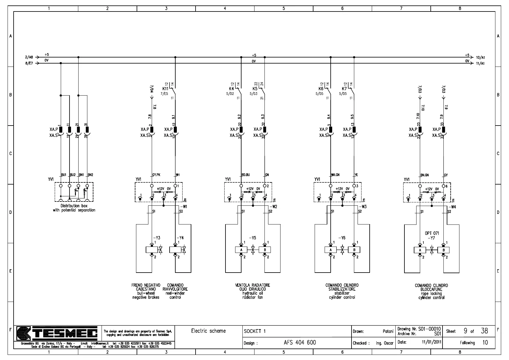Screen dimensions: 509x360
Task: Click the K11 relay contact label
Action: (x=165, y=89)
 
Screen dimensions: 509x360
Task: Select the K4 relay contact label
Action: (x=232, y=89)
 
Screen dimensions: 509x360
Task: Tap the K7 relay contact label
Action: (x=344, y=89)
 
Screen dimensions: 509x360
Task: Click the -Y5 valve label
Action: (x=253, y=238)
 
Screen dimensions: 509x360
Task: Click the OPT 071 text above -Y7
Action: (x=432, y=233)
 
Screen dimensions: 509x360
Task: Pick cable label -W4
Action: (x=452, y=207)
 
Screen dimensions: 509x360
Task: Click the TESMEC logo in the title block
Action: (x=57, y=334)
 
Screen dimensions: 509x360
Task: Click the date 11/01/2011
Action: (x=432, y=342)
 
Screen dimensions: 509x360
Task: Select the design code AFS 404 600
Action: (x=300, y=342)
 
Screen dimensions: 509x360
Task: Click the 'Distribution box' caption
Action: (x=74, y=206)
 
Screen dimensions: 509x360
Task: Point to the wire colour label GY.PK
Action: (x=156, y=175)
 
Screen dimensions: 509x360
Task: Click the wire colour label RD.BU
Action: (x=246, y=175)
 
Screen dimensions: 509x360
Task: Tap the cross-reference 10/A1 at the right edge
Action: (x=480, y=57)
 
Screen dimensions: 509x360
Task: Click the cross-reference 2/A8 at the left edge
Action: (x=29, y=57)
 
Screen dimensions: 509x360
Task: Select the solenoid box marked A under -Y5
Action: (x=241, y=250)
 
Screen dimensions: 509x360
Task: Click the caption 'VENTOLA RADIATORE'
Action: (x=253, y=285)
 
